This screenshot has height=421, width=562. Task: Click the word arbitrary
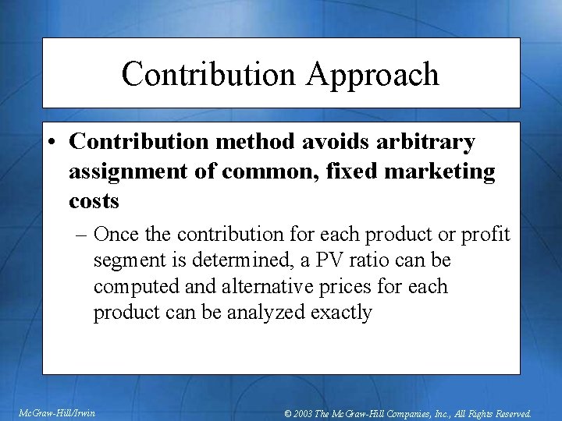pyautogui.click(x=425, y=143)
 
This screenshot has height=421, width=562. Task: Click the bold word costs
pyautogui.click(x=94, y=200)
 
